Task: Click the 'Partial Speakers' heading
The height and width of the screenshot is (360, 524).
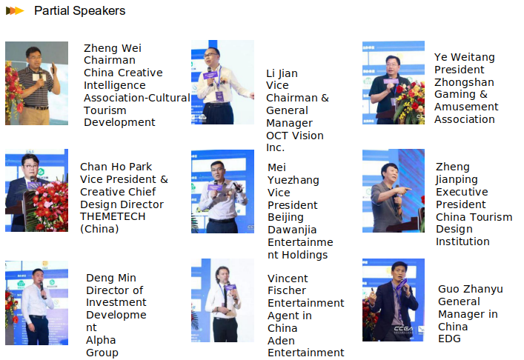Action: pos(79,10)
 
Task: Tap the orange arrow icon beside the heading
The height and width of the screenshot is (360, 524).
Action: pos(15,10)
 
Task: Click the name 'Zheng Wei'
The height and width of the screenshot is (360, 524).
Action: pos(113,48)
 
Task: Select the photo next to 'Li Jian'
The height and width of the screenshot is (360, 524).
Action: pos(222,82)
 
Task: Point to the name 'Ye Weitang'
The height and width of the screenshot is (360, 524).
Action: pos(464,57)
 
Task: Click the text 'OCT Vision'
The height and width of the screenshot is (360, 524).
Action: pos(295,136)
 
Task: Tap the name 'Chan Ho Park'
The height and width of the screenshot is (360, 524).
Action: pos(116,167)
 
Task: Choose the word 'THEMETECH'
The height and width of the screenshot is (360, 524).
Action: pos(113,216)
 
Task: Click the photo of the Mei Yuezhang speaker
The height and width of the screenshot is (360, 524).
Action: pos(222,191)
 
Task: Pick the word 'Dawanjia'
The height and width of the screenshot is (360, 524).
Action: pos(292,230)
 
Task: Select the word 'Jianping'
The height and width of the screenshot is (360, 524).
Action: pos(457,179)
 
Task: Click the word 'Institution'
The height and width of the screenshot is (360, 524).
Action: pos(462,241)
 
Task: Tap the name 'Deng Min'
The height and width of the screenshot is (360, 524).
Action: pos(111,278)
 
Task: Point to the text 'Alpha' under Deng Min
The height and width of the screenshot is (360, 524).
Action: pos(101,340)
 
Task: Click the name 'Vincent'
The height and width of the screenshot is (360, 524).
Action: pos(288,279)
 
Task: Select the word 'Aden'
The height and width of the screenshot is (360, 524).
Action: pos(281,341)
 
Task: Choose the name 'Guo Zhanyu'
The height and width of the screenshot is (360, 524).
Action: pos(470,289)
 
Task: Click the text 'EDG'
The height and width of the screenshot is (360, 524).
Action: pos(449,339)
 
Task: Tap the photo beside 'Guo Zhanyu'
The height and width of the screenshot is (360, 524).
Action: pos(394,300)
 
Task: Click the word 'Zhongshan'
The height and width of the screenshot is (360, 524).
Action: pos(464,82)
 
